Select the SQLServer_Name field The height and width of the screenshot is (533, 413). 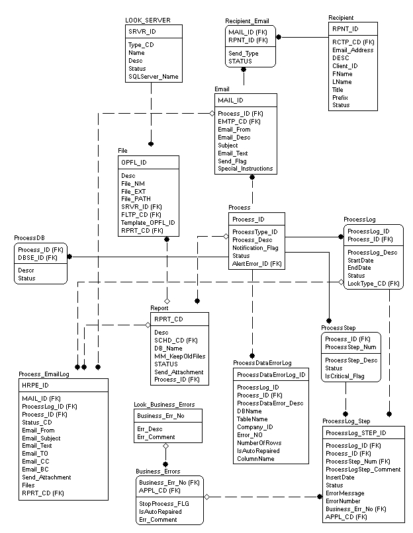(153, 77)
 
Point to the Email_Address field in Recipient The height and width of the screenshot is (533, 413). (353, 50)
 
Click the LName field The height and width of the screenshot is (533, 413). (342, 81)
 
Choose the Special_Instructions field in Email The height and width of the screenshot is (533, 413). (246, 169)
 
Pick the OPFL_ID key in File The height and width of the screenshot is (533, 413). (134, 163)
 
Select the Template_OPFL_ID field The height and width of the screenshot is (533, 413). (148, 223)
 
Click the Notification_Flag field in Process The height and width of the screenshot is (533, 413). (255, 248)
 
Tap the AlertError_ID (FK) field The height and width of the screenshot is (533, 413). (257, 264)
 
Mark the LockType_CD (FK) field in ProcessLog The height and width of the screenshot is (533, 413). (374, 284)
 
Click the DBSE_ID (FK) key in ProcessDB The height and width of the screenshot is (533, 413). (38, 257)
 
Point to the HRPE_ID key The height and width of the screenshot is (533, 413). (36, 385)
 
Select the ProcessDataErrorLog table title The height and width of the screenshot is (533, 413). (271, 362)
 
